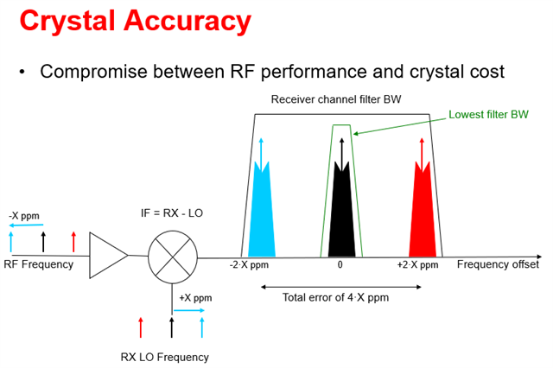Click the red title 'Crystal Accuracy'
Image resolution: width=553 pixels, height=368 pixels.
tap(136, 20)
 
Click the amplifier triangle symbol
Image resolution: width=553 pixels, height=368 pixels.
tap(109, 256)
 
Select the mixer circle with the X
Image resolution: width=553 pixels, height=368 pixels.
tap(172, 256)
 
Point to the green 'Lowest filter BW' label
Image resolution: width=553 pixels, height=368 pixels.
tap(488, 114)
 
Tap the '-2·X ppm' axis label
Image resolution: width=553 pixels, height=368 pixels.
tap(249, 265)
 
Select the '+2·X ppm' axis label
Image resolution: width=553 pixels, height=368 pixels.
tap(417, 265)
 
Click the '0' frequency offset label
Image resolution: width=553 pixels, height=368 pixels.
tap(340, 265)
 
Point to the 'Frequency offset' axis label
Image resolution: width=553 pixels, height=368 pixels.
tap(498, 264)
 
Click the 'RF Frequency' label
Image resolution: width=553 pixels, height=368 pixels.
tap(39, 264)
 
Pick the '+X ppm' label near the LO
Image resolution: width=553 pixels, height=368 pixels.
tap(195, 298)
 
